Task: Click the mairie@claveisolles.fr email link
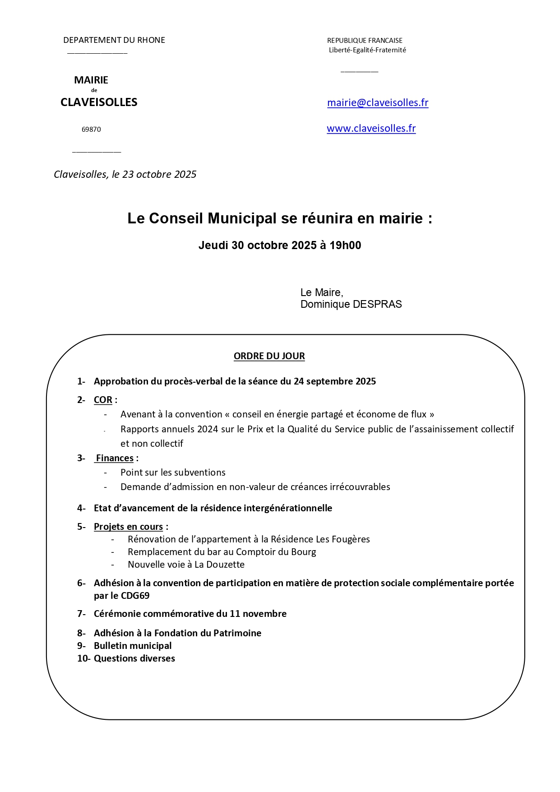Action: (377, 103)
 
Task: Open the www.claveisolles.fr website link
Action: (371, 129)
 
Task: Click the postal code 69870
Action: (91, 130)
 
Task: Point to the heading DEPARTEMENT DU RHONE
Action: (114, 40)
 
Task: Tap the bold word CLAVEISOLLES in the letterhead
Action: (99, 102)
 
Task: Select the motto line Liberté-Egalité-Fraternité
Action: (367, 50)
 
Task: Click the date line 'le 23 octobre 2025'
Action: (154, 175)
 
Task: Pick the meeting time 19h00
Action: (345, 245)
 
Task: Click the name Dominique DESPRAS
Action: (351, 305)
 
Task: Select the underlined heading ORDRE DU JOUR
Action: (269, 356)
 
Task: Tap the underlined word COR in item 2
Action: (103, 400)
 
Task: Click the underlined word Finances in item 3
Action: (115, 459)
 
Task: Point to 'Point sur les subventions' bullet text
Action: (173, 472)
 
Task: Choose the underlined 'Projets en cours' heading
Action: (128, 527)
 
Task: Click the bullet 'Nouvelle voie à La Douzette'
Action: (186, 565)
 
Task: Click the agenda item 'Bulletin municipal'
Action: (133, 646)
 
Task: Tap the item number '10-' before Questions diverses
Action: (83, 658)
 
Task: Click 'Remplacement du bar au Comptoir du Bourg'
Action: (222, 552)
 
